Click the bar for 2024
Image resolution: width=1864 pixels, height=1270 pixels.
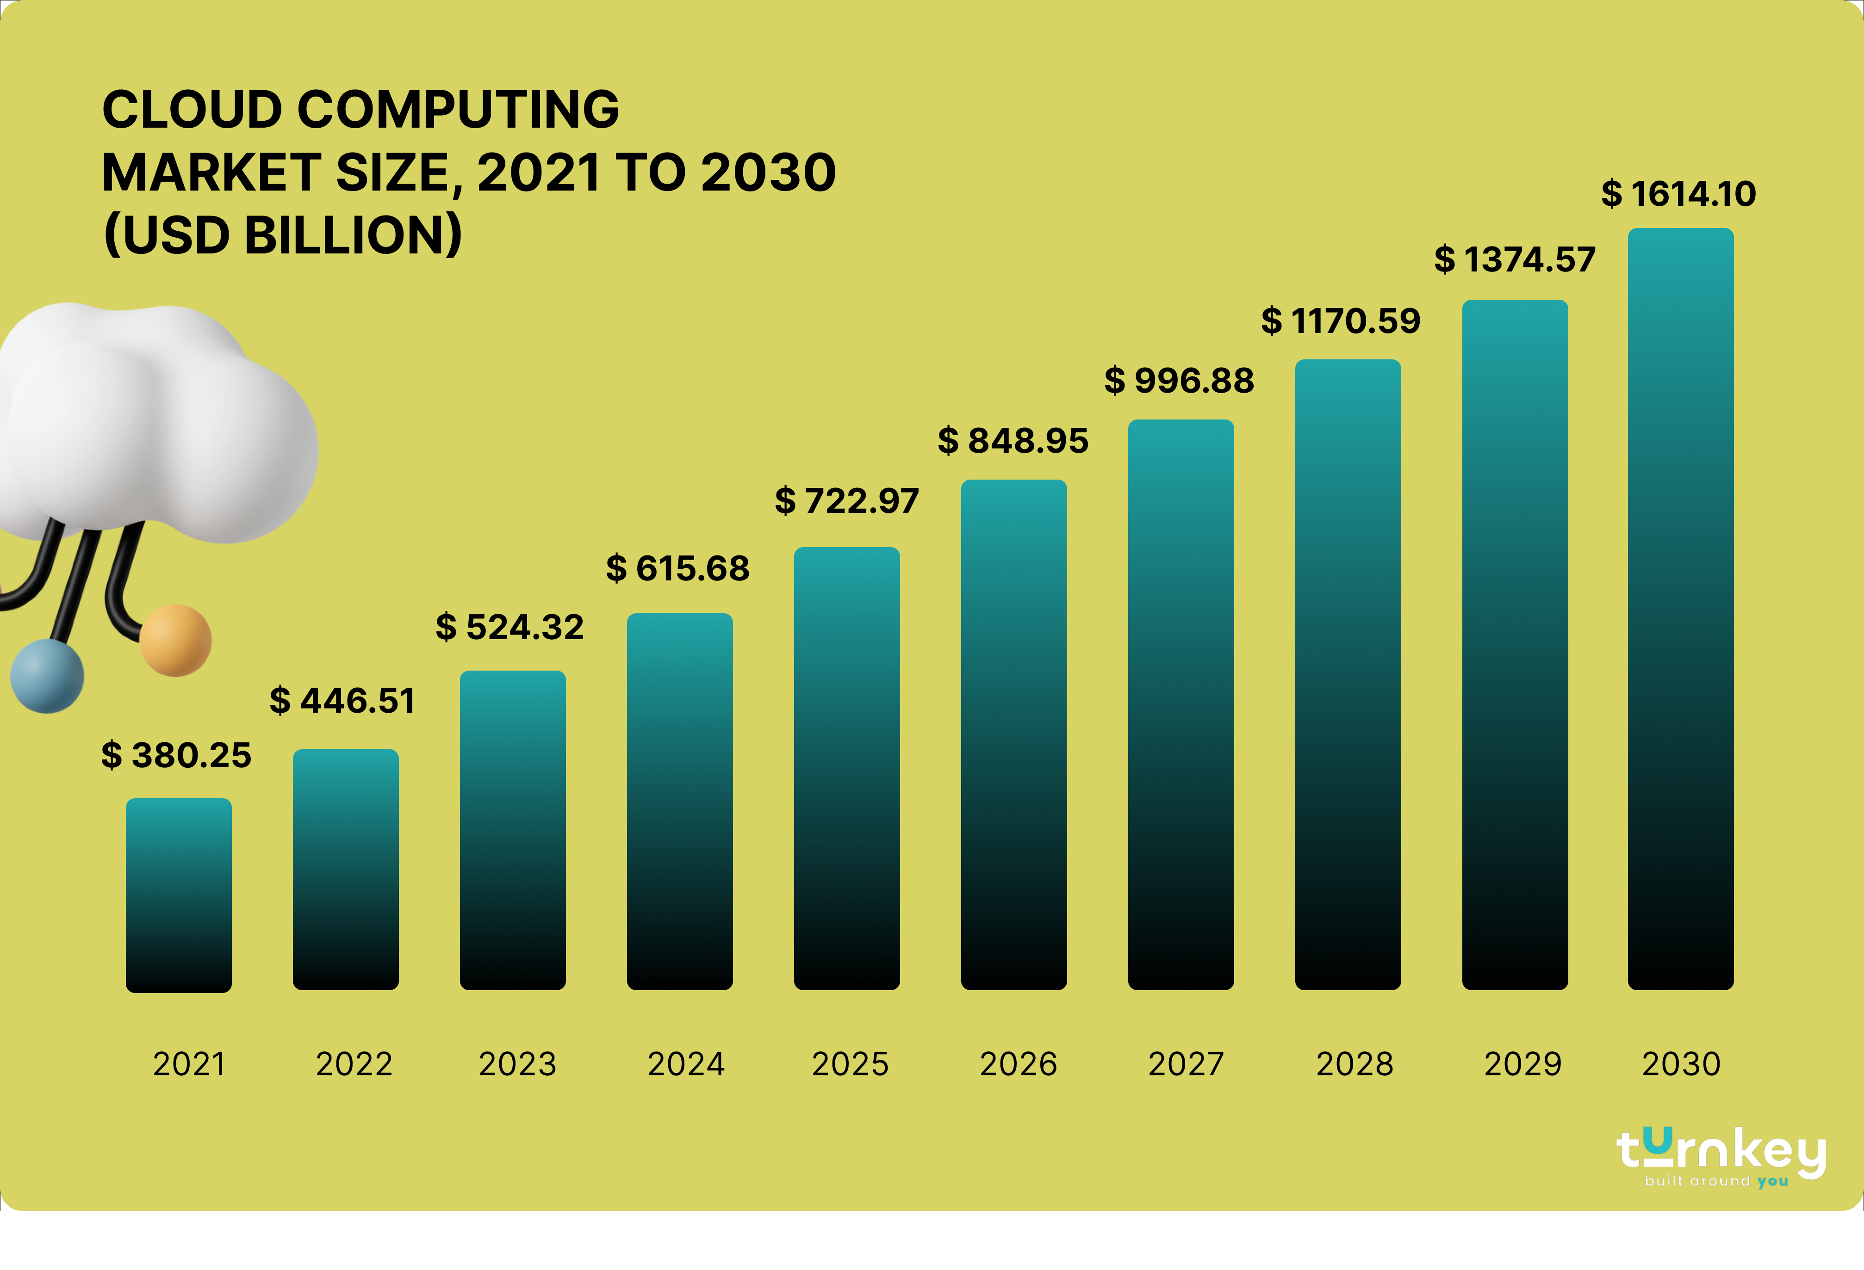[679, 802]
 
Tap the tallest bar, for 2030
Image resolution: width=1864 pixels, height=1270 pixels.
[1680, 610]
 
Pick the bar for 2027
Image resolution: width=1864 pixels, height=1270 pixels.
[1181, 706]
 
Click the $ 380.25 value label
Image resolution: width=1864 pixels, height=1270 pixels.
[176, 755]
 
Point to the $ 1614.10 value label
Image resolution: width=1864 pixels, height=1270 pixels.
[1678, 194]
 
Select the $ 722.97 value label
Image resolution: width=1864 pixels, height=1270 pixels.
[846, 501]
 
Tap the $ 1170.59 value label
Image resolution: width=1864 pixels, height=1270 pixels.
[1340, 321]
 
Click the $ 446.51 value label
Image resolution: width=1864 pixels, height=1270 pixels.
[342, 701]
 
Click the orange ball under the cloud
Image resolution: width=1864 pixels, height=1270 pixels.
[176, 641]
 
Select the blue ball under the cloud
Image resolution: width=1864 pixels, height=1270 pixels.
[47, 676]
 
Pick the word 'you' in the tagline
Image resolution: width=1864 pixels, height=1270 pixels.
[1772, 1181]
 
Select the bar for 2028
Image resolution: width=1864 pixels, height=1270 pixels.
[1348, 673]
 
